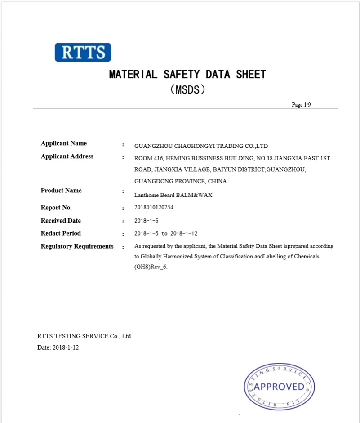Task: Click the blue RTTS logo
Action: coord(83,52)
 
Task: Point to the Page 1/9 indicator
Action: coord(301,105)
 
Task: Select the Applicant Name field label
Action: coord(64,143)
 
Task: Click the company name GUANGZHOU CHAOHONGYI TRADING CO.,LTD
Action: coord(201,146)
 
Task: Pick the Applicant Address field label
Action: coord(67,156)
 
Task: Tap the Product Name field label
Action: coord(61,191)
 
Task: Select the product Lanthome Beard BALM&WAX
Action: coord(173,195)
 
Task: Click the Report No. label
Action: coord(56,208)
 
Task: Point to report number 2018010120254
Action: coord(154,208)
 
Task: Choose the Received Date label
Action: coord(61,221)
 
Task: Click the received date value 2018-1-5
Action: coord(147,221)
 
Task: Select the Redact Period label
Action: coord(61,233)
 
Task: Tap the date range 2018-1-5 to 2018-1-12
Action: coord(166,234)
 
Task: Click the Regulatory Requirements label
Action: coord(77,246)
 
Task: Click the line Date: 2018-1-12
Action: coord(58,347)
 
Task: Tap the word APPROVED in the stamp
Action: coord(279,387)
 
